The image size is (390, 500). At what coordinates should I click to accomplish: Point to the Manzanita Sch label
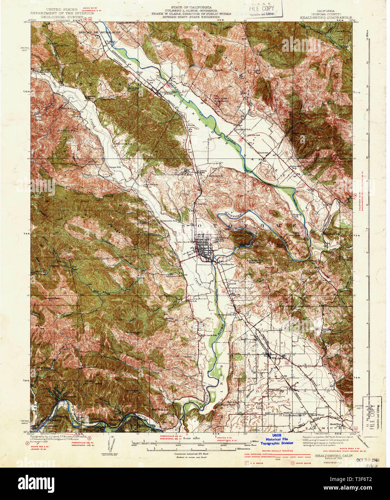tap(169, 220)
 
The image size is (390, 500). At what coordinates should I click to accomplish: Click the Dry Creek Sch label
tap(121, 144)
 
